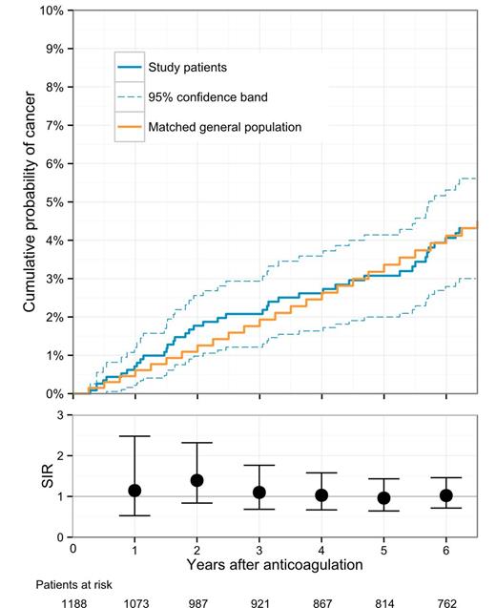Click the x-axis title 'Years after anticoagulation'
[x=275, y=565]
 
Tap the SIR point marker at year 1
[x=134, y=491]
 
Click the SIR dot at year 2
[x=196, y=480]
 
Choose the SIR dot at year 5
[x=383, y=498]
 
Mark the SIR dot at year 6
[x=445, y=495]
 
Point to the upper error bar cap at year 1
[x=134, y=436]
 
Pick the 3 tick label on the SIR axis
[x=61, y=416]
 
